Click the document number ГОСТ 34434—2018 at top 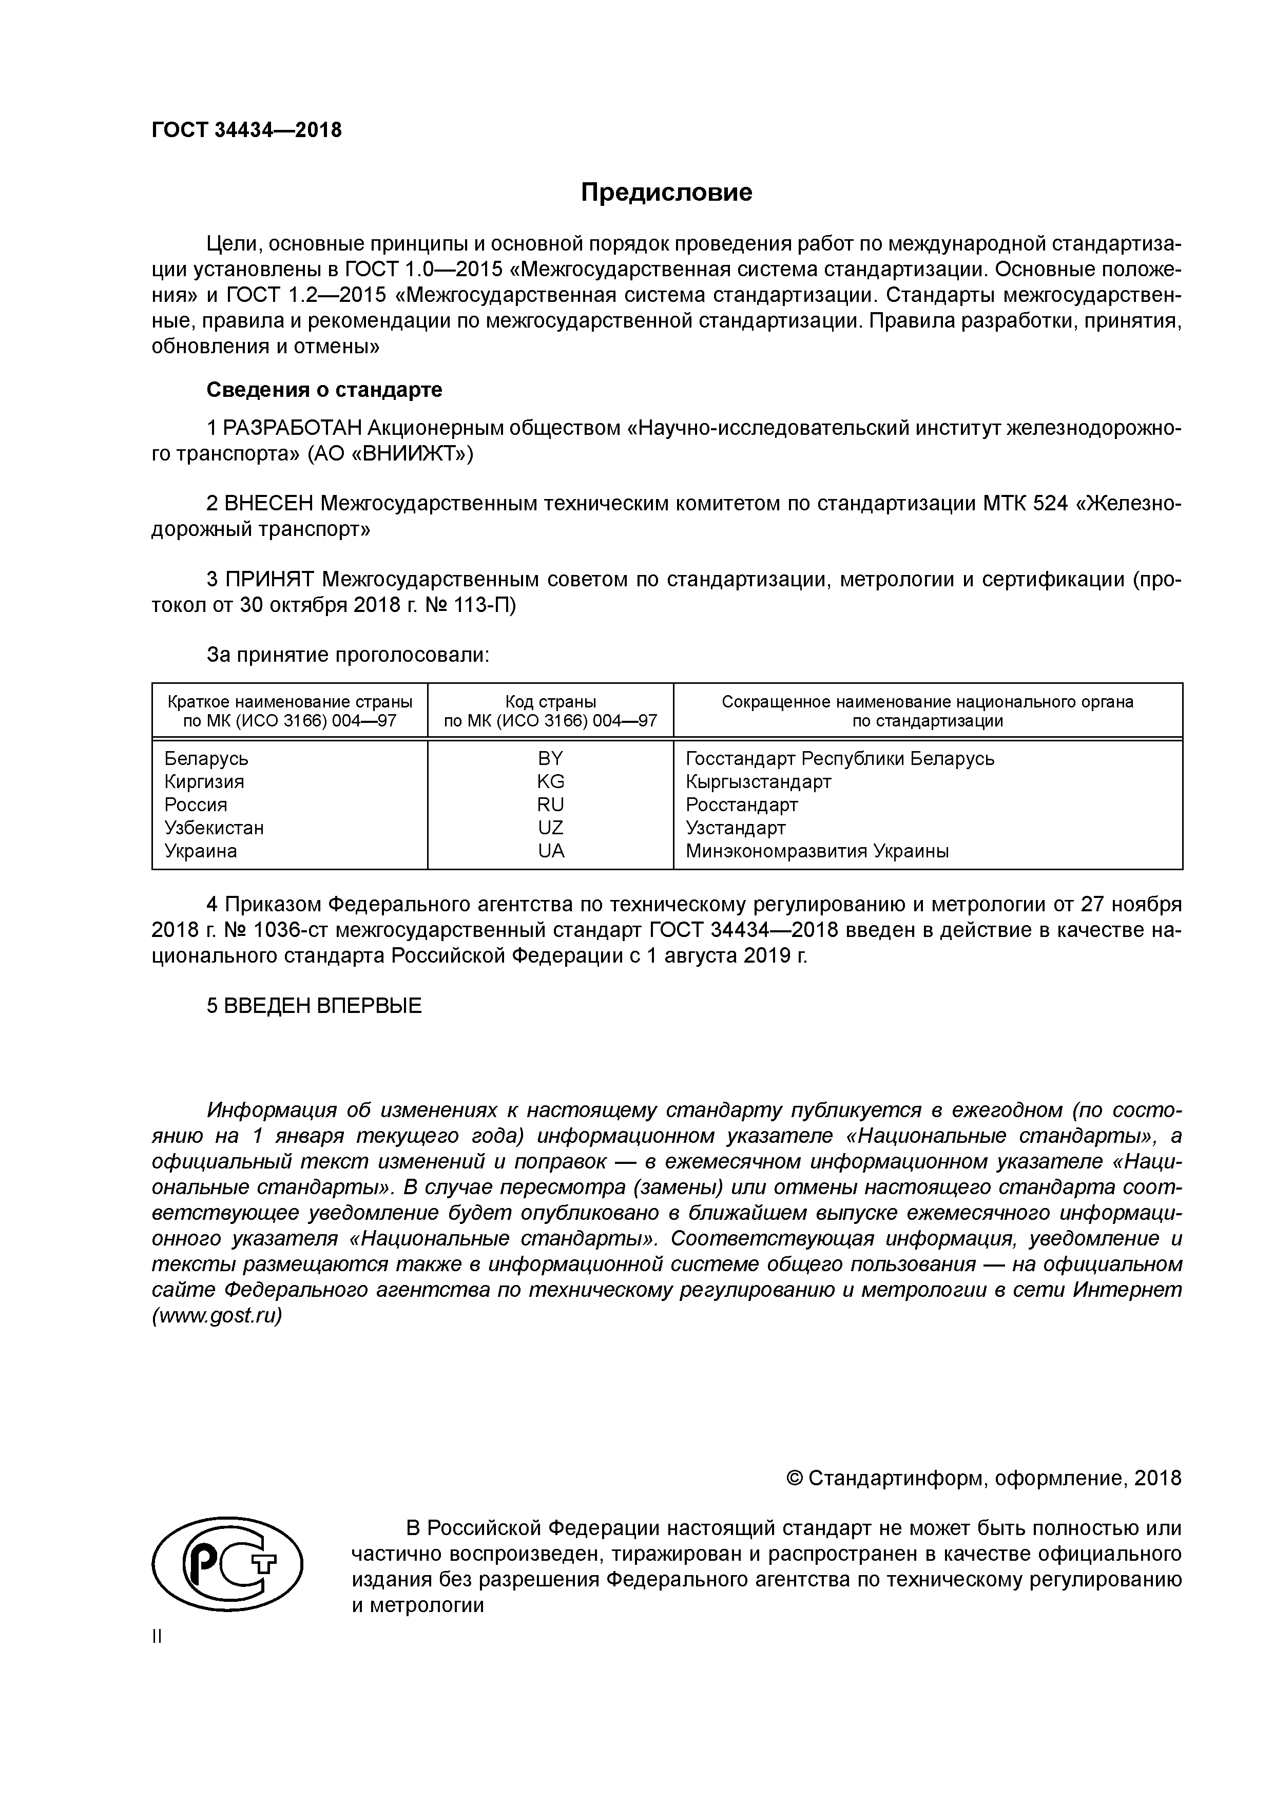pos(246,130)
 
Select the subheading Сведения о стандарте pos(324,389)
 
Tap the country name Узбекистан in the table pos(214,828)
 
